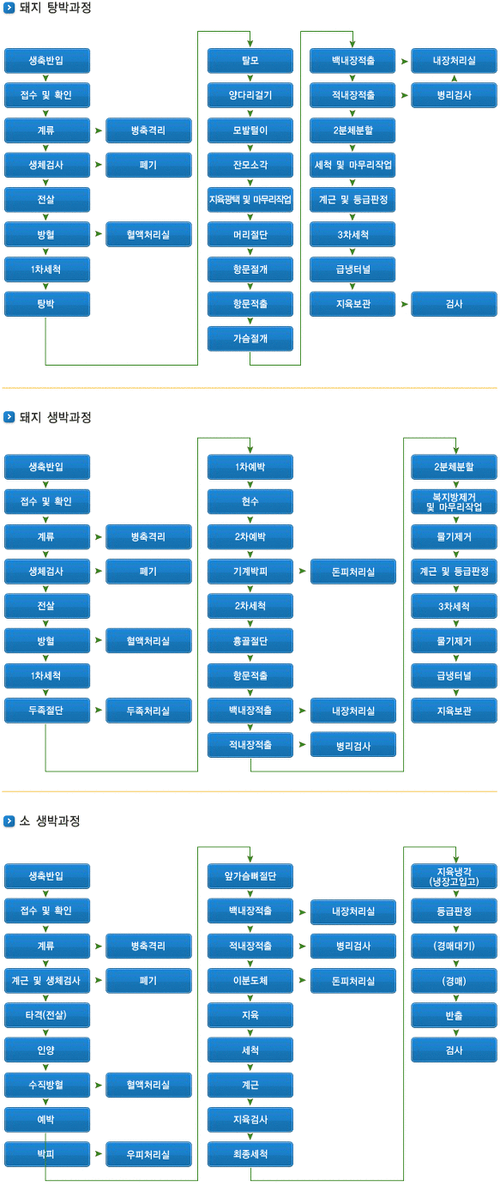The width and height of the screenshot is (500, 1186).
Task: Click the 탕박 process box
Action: click(x=47, y=304)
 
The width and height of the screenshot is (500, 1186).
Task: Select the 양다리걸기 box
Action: click(x=250, y=95)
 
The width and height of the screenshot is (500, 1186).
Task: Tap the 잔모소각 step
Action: click(x=250, y=165)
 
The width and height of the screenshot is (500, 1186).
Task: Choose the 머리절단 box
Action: click(x=250, y=234)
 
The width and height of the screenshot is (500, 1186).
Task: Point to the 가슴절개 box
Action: click(x=250, y=338)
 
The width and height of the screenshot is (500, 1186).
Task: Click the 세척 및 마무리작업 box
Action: click(x=352, y=165)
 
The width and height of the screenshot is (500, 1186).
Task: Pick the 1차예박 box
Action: click(x=250, y=467)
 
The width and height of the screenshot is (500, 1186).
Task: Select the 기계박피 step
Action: click(x=250, y=572)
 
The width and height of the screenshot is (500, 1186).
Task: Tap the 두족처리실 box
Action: click(x=148, y=711)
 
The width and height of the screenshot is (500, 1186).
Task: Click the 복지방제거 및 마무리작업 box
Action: click(x=454, y=501)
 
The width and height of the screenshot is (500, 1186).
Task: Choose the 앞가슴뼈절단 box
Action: click(x=250, y=875)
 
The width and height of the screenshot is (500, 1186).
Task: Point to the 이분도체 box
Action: click(x=250, y=981)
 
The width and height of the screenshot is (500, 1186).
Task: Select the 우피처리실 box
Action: click(x=148, y=1154)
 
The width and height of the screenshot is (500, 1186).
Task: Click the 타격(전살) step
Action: click(x=47, y=1015)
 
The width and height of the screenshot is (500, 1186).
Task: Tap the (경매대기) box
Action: click(x=454, y=946)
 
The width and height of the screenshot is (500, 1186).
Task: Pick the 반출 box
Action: click(x=454, y=1015)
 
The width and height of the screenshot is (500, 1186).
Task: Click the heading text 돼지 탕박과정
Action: click(x=56, y=8)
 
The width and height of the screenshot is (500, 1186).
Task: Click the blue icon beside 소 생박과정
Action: click(x=9, y=820)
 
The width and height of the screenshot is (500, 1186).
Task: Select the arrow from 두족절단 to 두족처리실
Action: click(x=99, y=710)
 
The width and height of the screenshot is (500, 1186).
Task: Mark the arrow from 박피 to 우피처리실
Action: click(x=99, y=1153)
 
